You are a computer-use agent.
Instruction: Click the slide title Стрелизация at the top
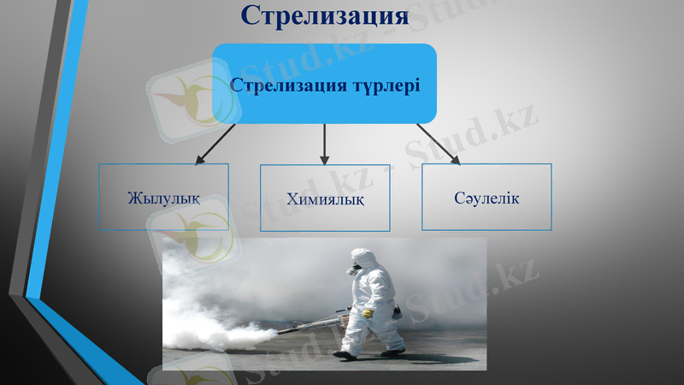click(324, 15)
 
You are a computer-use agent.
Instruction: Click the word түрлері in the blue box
click(386, 86)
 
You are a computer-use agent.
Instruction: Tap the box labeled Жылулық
click(163, 198)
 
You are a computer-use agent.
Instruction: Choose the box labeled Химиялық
click(325, 198)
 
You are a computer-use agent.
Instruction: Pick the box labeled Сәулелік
click(486, 198)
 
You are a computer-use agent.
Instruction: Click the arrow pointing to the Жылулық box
click(214, 143)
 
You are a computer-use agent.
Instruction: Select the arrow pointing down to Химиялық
click(324, 144)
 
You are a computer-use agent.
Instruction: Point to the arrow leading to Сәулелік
click(439, 143)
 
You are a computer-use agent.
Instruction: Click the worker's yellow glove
click(369, 314)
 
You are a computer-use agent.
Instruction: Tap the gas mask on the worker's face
click(352, 271)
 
